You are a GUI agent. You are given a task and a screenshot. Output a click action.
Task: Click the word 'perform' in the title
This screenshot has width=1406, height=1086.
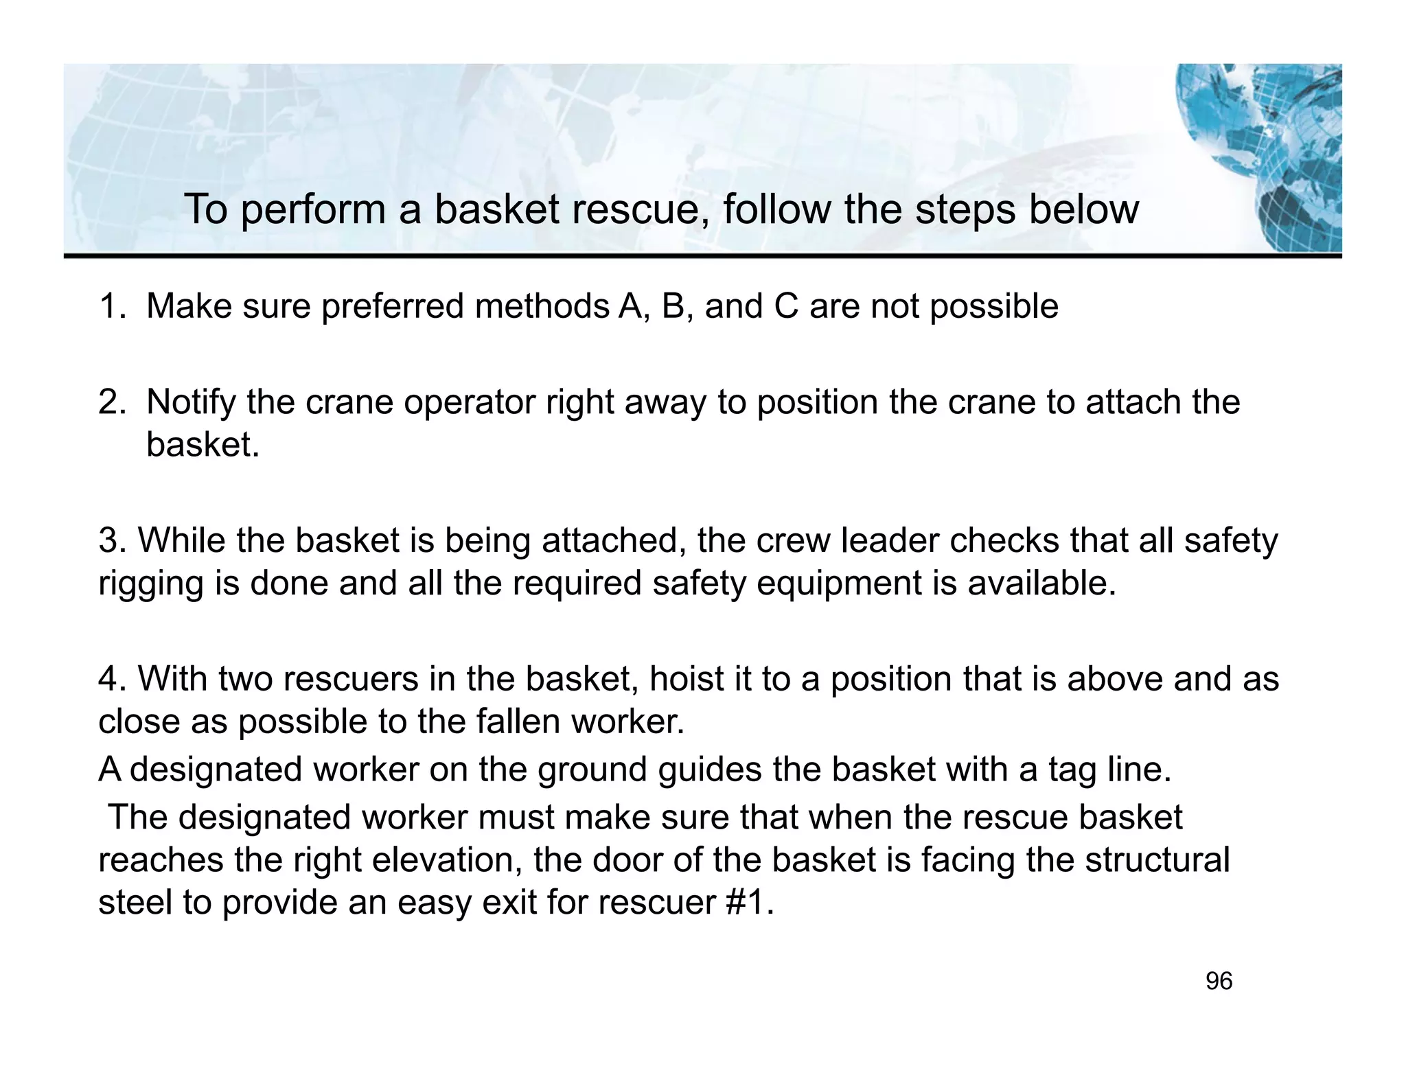(x=313, y=210)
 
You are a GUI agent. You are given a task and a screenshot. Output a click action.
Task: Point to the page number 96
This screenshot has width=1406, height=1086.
(x=1219, y=982)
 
